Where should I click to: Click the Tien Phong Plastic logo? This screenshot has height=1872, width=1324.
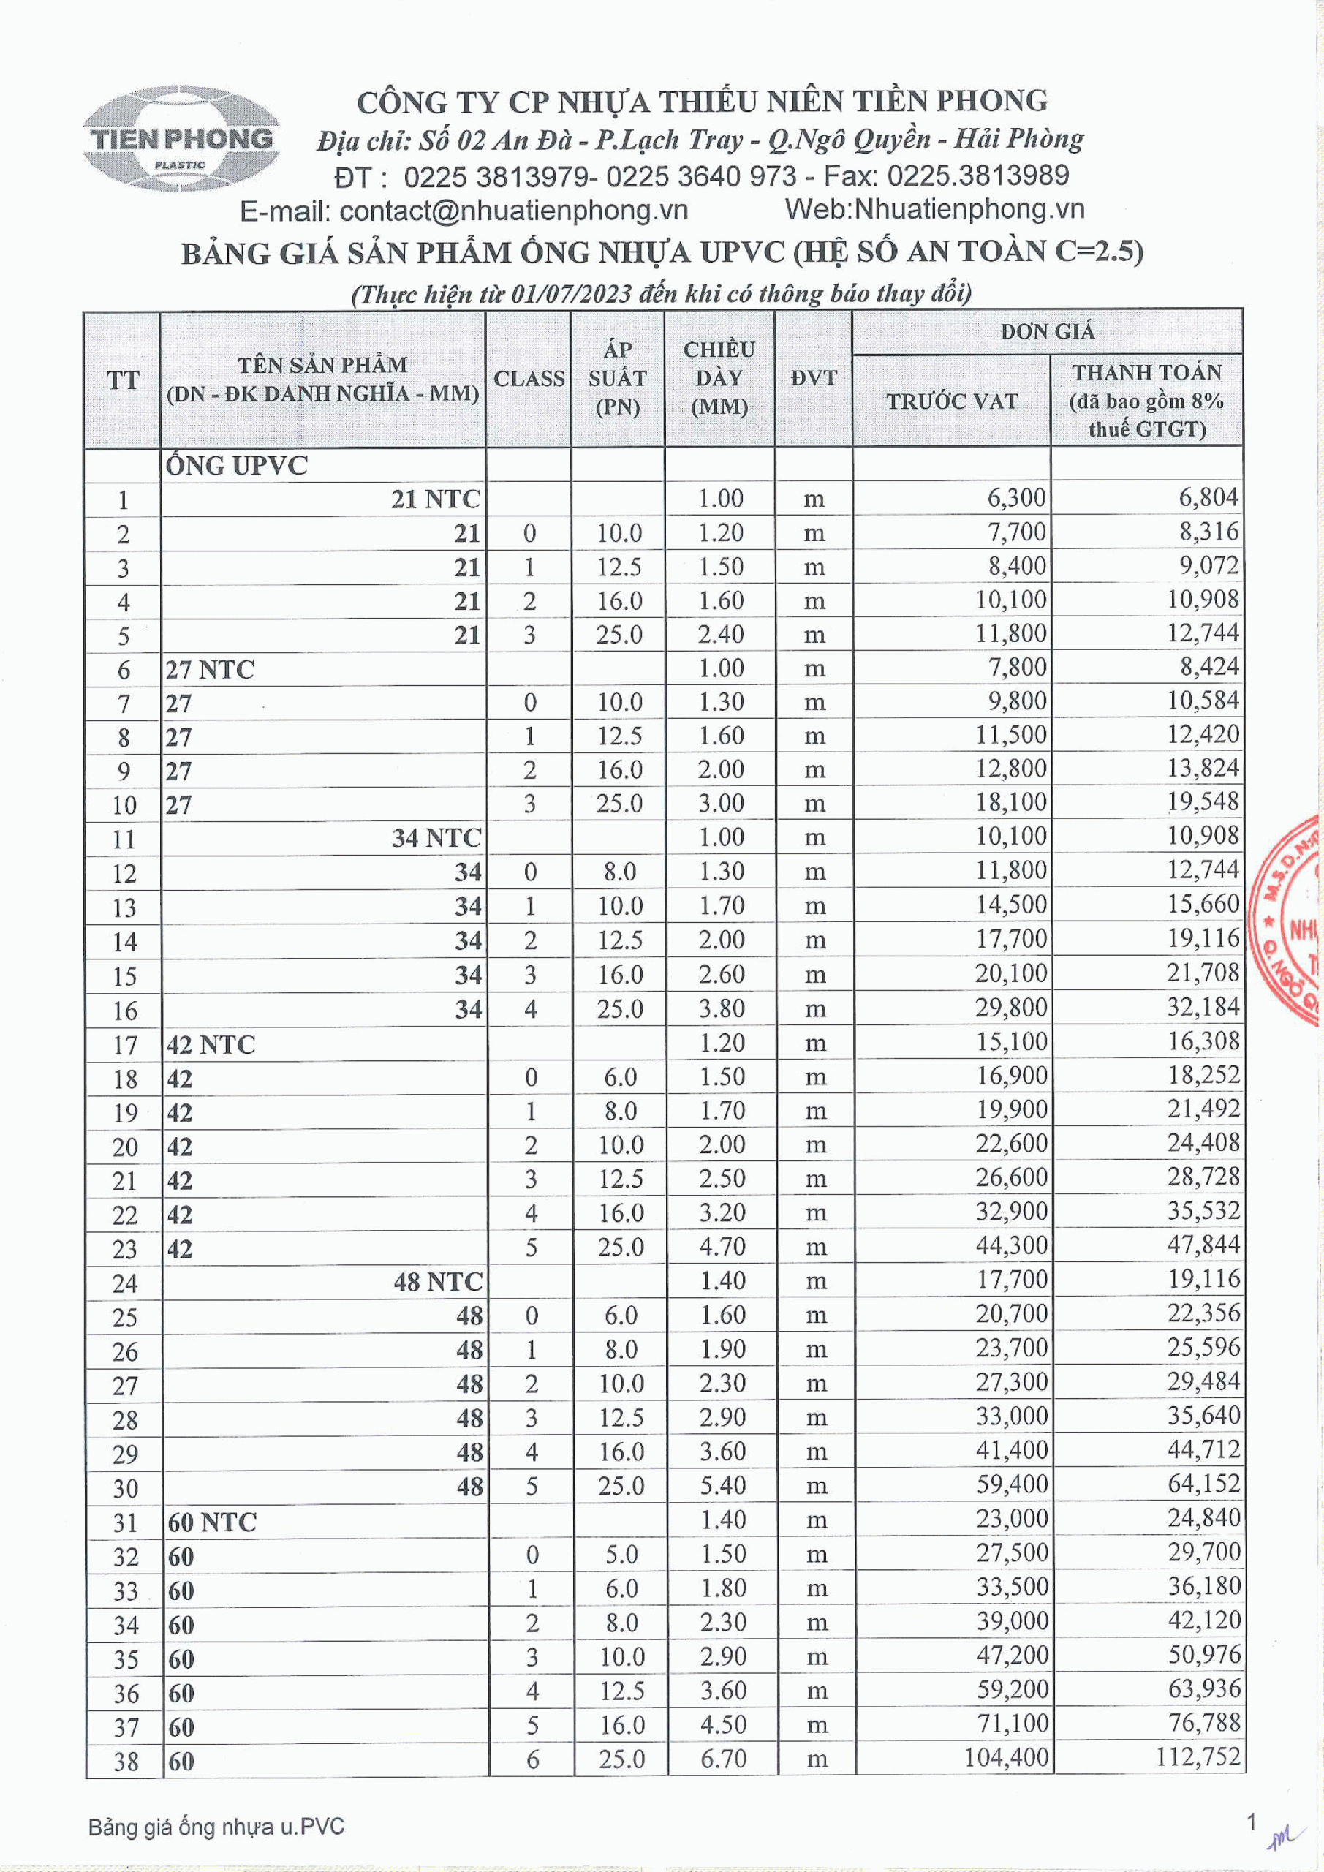pyautogui.click(x=182, y=139)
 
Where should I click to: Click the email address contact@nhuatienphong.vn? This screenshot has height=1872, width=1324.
pyautogui.click(x=514, y=211)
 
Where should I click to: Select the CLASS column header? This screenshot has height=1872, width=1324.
pyautogui.click(x=529, y=379)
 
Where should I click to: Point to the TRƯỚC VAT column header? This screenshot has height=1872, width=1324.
pyautogui.click(x=951, y=401)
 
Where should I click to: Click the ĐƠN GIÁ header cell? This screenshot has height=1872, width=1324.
pyautogui.click(x=1047, y=332)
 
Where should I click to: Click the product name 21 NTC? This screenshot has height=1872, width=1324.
pyautogui.click(x=435, y=499)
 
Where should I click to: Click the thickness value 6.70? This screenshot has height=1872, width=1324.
pyautogui.click(x=722, y=1758)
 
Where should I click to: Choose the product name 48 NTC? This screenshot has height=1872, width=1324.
pyautogui.click(x=438, y=1282)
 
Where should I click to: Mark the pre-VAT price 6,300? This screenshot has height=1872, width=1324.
pyautogui.click(x=1015, y=497)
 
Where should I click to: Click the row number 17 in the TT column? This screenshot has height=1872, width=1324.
pyautogui.click(x=124, y=1045)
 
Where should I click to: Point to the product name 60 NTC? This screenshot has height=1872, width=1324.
pyautogui.click(x=212, y=1522)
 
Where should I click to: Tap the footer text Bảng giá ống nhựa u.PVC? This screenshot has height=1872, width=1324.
pyautogui.click(x=216, y=1827)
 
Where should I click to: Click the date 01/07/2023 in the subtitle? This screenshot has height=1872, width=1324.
pyautogui.click(x=571, y=293)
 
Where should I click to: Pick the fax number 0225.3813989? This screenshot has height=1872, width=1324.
pyautogui.click(x=977, y=175)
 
